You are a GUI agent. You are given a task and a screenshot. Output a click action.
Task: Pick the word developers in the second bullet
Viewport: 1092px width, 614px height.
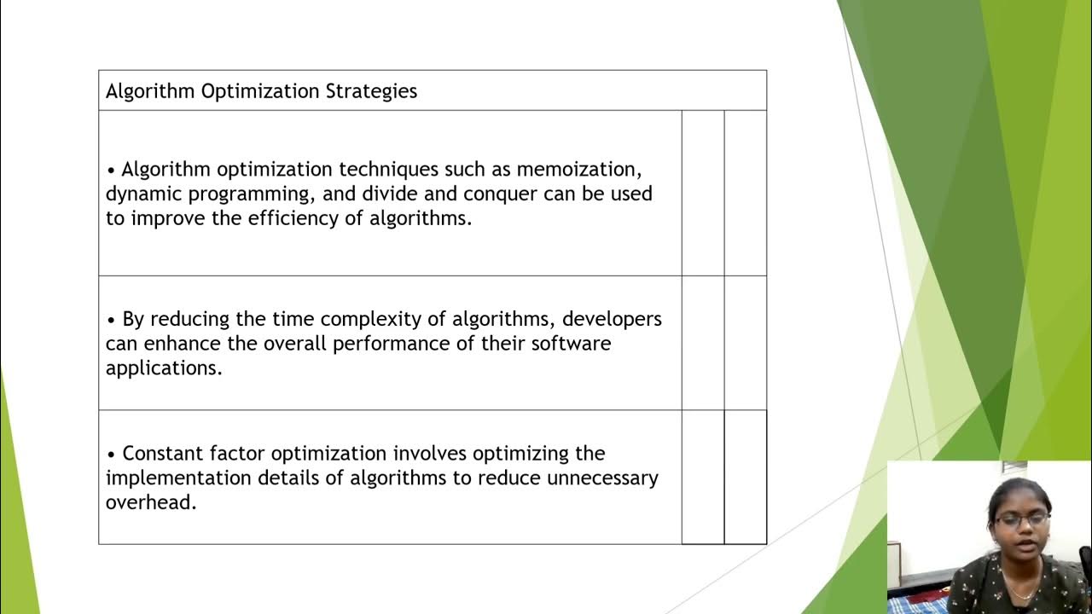pyautogui.click(x=612, y=319)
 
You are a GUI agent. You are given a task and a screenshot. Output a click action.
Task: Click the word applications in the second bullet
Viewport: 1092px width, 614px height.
pyautogui.click(x=163, y=368)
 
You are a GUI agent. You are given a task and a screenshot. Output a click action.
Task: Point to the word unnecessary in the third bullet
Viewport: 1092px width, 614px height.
pyautogui.click(x=602, y=478)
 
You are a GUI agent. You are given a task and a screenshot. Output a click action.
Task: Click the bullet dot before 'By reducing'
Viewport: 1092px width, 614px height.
pyautogui.click(x=111, y=320)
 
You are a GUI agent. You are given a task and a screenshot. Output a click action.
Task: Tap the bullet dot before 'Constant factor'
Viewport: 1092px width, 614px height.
pyautogui.click(x=111, y=454)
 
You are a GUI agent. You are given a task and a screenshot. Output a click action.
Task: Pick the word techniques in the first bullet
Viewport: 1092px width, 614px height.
pyautogui.click(x=391, y=169)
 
